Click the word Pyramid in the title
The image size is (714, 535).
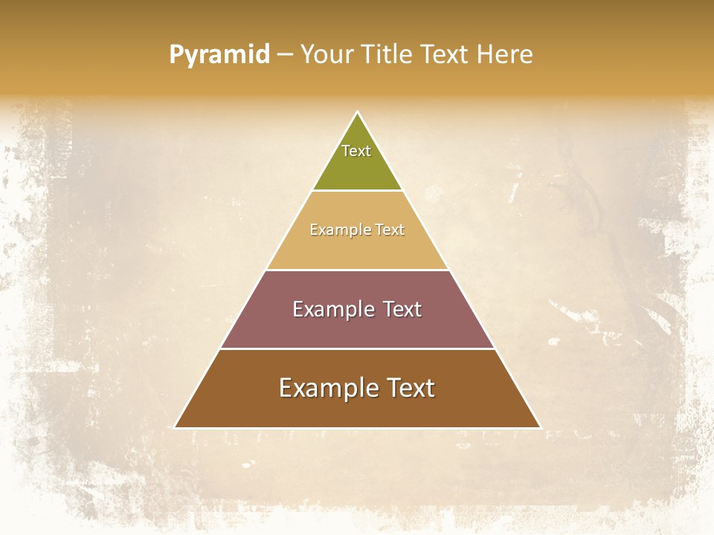219,55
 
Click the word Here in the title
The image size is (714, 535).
504,55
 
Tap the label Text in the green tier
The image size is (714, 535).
356,151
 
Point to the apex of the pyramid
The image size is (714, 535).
358,113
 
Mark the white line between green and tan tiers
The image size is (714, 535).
357,190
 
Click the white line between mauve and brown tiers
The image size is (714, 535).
357,348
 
